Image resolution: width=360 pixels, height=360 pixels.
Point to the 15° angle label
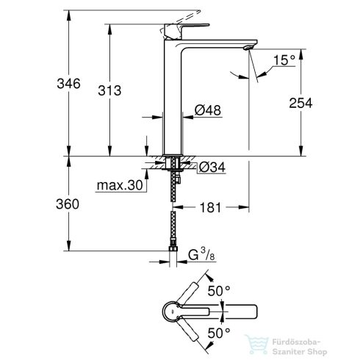[x=284, y=58]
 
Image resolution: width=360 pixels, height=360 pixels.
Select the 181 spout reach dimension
[x=211, y=208]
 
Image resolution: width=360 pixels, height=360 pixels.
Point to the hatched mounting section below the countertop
[x=174, y=164]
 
